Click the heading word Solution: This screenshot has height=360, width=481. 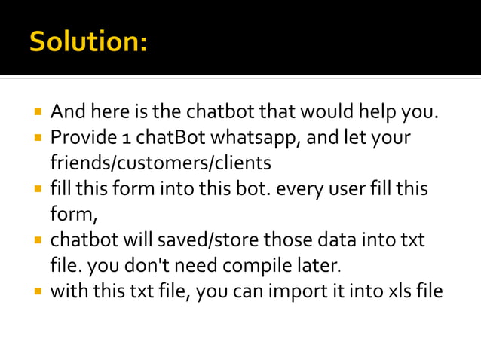(x=88, y=41)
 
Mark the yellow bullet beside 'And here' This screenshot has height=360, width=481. (x=36, y=114)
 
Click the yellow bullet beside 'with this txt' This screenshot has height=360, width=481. (x=36, y=291)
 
